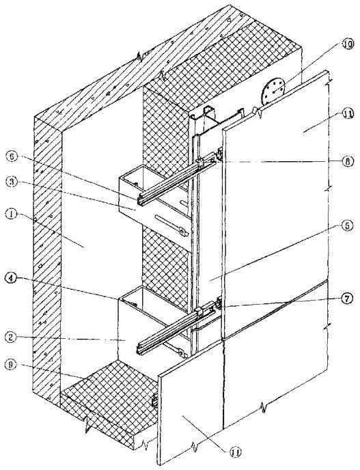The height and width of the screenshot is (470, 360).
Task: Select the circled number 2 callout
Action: pos(11,337)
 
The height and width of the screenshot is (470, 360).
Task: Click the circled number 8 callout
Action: pos(348,161)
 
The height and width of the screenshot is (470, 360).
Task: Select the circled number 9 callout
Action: pos(11,364)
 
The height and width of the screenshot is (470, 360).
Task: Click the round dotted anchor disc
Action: pos(273,91)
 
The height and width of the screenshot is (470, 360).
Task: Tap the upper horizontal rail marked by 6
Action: pos(177,179)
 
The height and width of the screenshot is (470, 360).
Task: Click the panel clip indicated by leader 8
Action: pos(220,154)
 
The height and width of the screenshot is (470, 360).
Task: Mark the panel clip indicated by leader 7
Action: pos(219,303)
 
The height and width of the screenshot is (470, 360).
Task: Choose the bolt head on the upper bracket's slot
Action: pos(182,231)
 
